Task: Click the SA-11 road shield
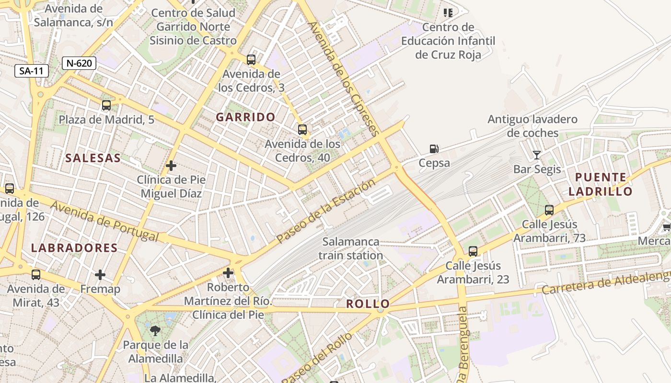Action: (x=32, y=71)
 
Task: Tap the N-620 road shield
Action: (x=79, y=63)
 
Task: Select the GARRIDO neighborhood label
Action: (x=245, y=117)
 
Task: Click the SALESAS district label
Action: (x=93, y=158)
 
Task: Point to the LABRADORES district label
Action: (x=74, y=248)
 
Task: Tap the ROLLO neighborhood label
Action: (x=368, y=304)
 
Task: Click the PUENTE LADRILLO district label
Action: (x=601, y=184)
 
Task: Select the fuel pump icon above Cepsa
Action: (x=434, y=149)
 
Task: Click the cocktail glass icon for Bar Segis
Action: (x=536, y=155)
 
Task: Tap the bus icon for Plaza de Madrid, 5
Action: (x=106, y=105)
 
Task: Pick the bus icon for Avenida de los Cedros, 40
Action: (x=302, y=130)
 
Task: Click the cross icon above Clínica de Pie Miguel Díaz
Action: (x=171, y=166)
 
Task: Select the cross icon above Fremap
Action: (x=100, y=275)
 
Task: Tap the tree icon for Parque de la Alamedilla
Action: (x=155, y=330)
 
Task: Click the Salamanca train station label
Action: (x=351, y=248)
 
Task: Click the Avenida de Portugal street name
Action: (x=104, y=222)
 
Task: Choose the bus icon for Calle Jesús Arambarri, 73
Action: (x=549, y=210)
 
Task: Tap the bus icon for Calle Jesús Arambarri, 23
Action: (x=473, y=251)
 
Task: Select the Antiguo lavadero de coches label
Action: (x=532, y=126)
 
